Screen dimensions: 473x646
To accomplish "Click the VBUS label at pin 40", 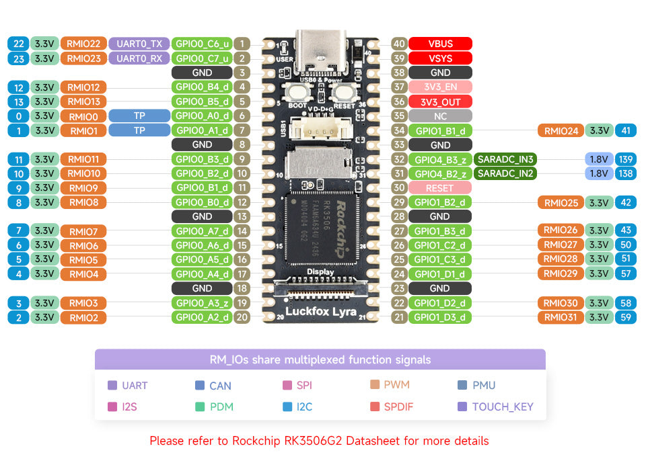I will [440, 44].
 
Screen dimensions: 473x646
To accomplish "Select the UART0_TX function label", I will [139, 44].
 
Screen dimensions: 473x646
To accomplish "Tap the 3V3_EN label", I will [440, 87].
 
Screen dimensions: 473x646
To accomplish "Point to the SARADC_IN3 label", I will [505, 159].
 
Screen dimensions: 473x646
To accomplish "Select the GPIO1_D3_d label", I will [439, 317].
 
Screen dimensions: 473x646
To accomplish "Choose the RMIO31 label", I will [560, 317].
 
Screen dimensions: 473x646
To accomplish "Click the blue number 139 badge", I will [626, 159].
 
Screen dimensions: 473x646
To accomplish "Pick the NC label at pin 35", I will [440, 116].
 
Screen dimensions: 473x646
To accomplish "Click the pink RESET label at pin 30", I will [439, 188].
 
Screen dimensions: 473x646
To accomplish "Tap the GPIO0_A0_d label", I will [202, 116].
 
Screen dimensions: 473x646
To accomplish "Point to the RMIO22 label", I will [83, 44].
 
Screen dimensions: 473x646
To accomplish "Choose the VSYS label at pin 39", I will [440, 58].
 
